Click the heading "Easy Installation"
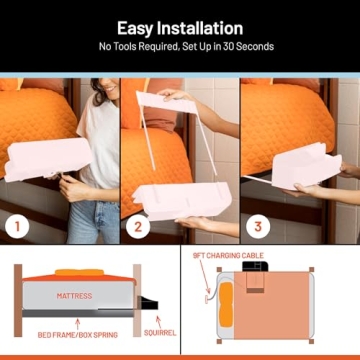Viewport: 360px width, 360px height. coord(180,28)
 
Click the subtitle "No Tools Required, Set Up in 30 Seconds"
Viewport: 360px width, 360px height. coord(180,46)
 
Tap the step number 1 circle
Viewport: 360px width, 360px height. coord(15,226)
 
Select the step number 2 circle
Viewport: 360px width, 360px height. coord(136,226)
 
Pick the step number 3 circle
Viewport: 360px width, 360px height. coord(257,226)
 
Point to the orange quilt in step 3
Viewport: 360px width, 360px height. coord(285,120)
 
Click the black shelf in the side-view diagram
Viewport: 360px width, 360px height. coord(148,300)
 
